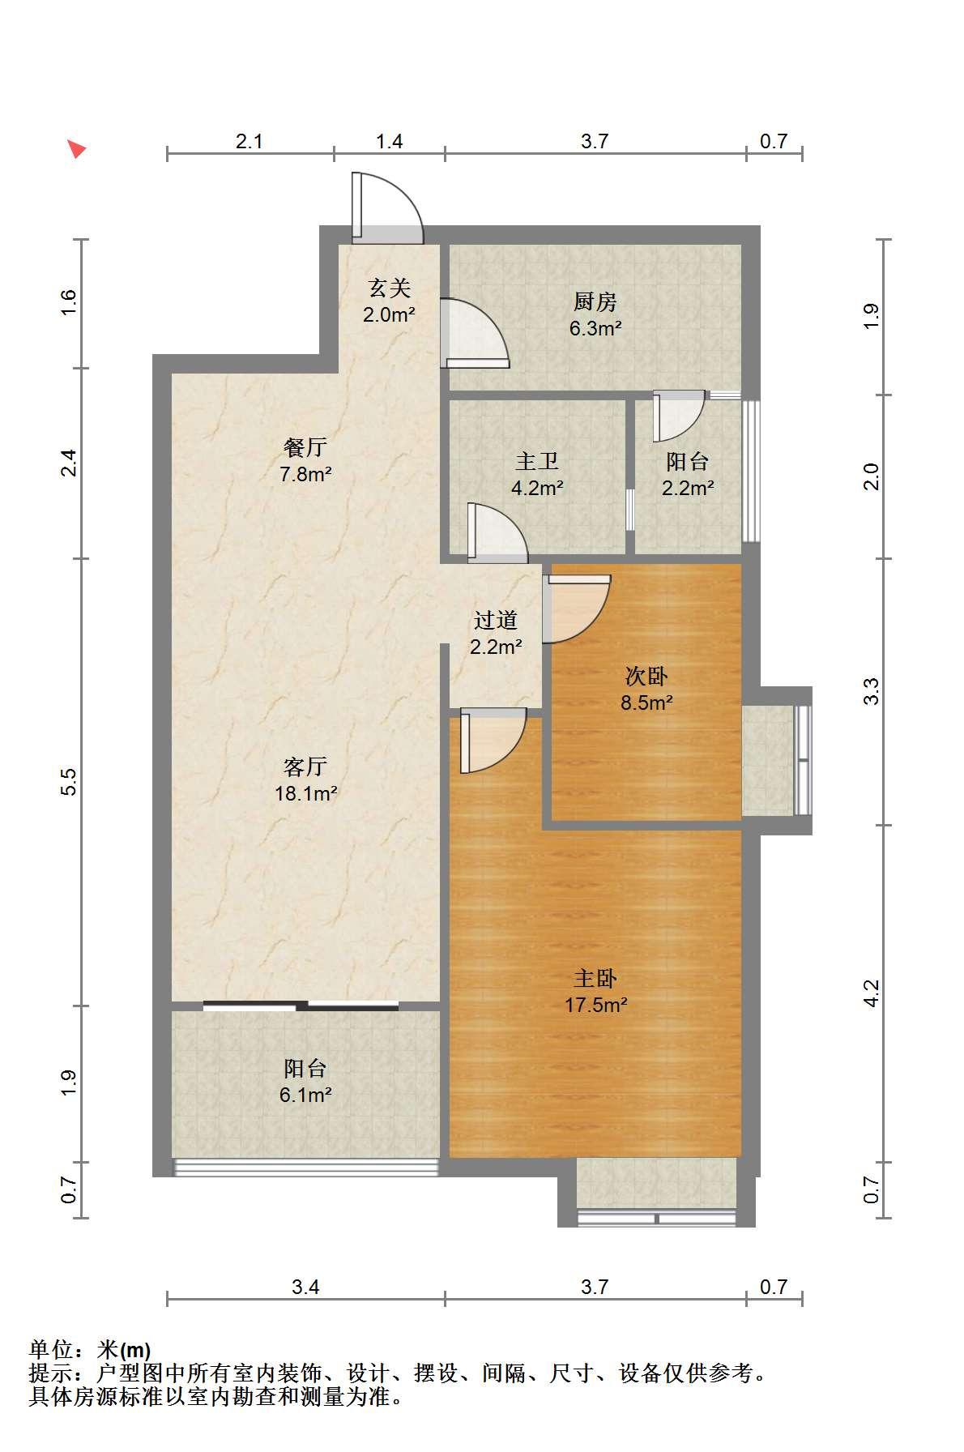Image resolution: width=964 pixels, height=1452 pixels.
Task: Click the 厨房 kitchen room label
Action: (595, 302)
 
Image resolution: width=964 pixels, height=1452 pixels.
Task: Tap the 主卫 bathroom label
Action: (537, 462)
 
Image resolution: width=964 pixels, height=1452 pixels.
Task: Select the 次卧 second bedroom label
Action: (646, 676)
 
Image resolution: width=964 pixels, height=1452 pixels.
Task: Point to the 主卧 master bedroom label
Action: (595, 979)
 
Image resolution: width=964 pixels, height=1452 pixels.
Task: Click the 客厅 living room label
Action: (305, 767)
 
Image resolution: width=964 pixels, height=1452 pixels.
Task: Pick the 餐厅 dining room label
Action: (305, 447)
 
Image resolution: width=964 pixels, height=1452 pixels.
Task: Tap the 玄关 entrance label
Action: (390, 288)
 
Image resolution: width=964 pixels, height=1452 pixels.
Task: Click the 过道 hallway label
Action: (496, 621)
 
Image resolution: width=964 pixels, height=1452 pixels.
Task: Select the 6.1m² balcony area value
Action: (305, 1095)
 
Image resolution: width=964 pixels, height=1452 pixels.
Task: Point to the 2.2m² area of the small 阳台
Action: (688, 488)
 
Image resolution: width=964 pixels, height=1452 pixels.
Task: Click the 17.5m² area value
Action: (596, 1006)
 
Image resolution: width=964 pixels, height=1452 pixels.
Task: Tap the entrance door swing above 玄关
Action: (387, 207)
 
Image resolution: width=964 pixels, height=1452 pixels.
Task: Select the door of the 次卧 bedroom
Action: (576, 609)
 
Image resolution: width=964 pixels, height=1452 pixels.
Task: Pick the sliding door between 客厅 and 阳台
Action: (301, 1006)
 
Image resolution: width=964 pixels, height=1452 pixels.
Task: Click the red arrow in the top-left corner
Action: (76, 148)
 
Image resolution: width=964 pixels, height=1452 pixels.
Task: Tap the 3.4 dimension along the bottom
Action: (306, 1287)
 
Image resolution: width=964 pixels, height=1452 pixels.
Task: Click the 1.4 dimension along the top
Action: (389, 141)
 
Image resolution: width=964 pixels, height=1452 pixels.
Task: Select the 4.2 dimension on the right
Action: (871, 993)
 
